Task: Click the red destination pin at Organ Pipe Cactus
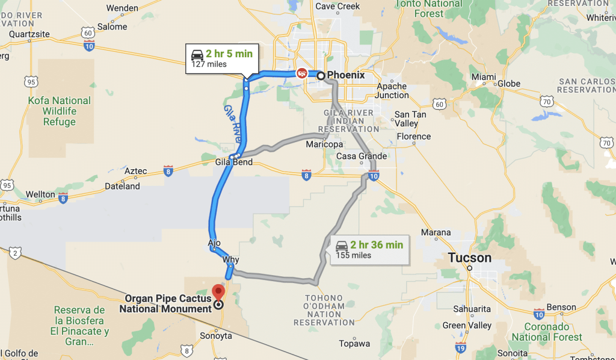click(218, 291)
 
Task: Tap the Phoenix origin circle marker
click(321, 76)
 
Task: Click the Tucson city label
click(469, 258)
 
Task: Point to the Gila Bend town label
click(234, 163)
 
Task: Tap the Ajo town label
click(214, 243)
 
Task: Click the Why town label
click(230, 260)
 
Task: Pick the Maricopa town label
click(324, 144)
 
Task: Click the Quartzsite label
click(25, 34)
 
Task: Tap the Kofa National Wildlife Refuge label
click(60, 111)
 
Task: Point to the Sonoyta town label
click(215, 336)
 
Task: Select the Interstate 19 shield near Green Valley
click(460, 347)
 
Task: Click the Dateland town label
click(122, 186)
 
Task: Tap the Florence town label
click(413, 136)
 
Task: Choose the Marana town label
click(436, 232)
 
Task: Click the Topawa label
click(354, 344)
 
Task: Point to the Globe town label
click(509, 83)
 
